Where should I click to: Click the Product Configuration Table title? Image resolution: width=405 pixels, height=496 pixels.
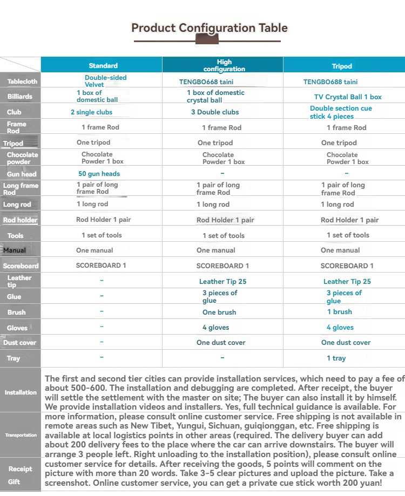[210, 28]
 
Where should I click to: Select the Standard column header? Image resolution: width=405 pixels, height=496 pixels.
[103, 66]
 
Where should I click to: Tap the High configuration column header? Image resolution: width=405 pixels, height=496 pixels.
[224, 66]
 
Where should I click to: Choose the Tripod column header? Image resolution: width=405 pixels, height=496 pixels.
[342, 66]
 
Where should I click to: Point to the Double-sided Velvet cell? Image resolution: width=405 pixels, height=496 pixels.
[105, 81]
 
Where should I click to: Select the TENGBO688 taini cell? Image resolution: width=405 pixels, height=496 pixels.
[330, 82]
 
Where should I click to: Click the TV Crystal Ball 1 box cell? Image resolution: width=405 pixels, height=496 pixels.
[348, 97]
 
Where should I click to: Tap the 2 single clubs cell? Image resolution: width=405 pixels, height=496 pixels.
[91, 112]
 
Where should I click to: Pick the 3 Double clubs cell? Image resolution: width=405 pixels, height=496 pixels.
[215, 112]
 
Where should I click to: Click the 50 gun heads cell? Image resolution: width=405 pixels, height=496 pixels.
[99, 174]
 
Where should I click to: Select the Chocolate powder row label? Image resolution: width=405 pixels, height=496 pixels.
[21, 158]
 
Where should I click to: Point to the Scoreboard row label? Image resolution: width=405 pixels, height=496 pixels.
[21, 266]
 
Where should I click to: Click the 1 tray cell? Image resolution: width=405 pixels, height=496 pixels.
[336, 358]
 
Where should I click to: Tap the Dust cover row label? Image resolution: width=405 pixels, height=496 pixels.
[19, 343]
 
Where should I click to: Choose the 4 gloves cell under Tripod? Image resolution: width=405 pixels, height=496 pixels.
[340, 328]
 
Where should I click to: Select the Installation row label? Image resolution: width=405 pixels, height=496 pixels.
[21, 392]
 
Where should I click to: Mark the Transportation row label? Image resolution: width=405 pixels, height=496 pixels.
[21, 435]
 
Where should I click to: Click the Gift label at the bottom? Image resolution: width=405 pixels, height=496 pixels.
[14, 482]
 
